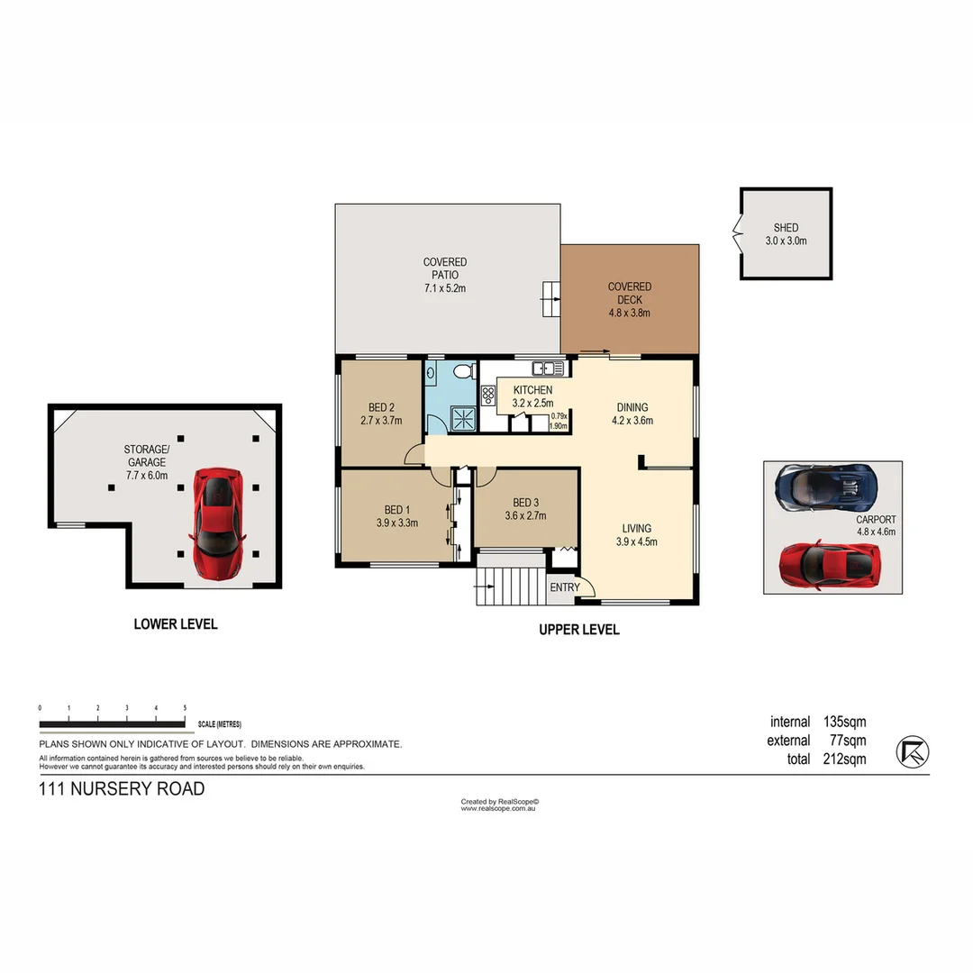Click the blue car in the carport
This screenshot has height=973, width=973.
point(824,487)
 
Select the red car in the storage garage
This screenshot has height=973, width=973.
point(217,523)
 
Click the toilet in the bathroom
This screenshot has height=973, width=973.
point(463,371)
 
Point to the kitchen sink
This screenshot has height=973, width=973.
point(547,368)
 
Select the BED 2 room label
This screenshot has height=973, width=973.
point(381,406)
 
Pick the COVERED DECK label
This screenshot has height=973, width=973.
point(629,293)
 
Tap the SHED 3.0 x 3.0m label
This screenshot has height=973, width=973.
point(786,234)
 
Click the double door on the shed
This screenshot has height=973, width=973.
point(738,234)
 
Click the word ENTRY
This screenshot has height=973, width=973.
point(565,587)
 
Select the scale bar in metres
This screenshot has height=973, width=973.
point(113,723)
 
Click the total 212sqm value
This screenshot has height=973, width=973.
point(844,759)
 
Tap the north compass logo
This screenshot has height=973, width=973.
point(913,751)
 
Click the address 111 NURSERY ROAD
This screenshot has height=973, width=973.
point(122,789)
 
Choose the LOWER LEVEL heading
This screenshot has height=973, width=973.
point(176,623)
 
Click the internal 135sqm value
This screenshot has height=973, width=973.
point(844,722)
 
